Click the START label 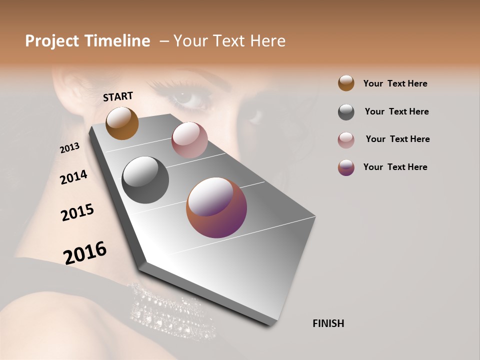click(118, 96)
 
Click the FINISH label click(328, 323)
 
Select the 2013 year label click(70, 148)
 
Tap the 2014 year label click(73, 177)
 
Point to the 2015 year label click(77, 212)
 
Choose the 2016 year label click(85, 253)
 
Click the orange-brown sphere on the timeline click(122, 123)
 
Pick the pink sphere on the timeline click(189, 140)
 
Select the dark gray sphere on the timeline click(145, 180)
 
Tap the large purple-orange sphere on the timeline click(216, 207)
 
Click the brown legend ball click(346, 83)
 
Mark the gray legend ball click(346, 112)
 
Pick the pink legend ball click(346, 140)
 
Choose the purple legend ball click(346, 167)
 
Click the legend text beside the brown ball click(395, 83)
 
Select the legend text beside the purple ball click(395, 167)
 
